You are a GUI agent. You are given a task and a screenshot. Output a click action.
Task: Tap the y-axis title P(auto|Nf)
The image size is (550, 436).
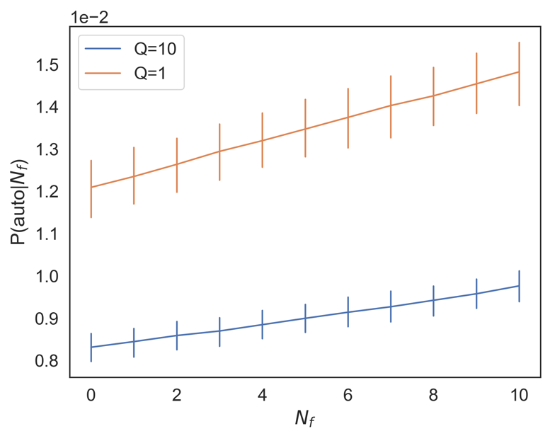(x=18, y=201)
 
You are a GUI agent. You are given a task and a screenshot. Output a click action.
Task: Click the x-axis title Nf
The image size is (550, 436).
(x=305, y=418)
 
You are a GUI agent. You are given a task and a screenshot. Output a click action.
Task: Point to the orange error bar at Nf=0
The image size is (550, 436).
(x=91, y=188)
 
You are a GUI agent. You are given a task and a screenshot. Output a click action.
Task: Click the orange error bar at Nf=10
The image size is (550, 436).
(x=519, y=74)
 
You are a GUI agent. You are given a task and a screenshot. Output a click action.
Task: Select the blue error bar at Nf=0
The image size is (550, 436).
(x=91, y=347)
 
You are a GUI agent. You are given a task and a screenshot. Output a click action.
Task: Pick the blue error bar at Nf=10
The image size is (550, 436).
(x=519, y=286)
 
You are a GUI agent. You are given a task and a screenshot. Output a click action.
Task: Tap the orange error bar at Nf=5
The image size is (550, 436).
(x=305, y=128)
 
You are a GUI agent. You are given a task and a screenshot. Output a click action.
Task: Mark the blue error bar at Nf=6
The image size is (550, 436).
(x=348, y=312)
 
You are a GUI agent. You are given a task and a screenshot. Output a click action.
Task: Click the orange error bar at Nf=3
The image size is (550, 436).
(x=219, y=151)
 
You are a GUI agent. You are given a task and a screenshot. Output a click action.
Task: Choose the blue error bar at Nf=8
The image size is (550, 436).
(x=433, y=301)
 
